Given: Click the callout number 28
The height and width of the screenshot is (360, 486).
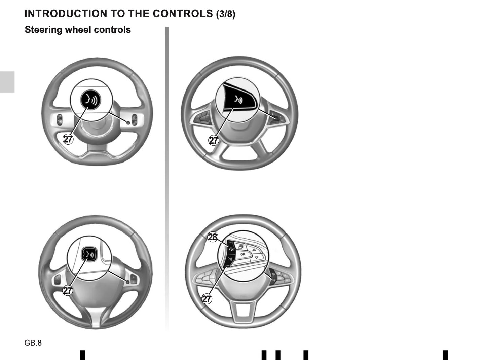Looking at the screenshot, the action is point(212,237).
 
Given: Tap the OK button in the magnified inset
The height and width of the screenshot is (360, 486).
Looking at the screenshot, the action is point(242,254).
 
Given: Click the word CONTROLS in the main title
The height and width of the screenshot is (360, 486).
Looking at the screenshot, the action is point(183,14).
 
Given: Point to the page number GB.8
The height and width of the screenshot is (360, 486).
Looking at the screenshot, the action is point(33,343).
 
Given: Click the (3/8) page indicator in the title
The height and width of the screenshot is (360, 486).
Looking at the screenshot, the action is point(226,14).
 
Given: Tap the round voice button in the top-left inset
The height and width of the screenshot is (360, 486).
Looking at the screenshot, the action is point(91,100).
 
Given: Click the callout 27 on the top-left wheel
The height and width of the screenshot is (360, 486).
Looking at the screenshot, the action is point(68,139).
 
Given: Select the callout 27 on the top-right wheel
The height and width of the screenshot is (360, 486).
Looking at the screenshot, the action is point(214,140).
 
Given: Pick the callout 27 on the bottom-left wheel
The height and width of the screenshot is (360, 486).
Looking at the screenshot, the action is point(68,290).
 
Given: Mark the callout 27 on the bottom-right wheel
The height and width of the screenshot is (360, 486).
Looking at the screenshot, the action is point(207,299).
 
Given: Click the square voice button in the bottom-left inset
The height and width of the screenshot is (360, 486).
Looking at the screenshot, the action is point(89,254).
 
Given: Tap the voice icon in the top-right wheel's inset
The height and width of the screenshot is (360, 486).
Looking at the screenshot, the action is point(238,100).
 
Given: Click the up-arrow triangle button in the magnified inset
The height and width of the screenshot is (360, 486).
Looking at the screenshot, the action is point(254,250).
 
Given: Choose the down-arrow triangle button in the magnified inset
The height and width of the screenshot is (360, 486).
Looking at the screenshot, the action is point(257,258).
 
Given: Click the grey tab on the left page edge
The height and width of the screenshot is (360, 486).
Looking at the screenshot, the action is point(7,82).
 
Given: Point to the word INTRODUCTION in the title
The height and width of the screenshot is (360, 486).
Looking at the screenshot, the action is point(66,14).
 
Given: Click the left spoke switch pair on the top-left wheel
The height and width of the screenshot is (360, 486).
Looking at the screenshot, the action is point(60,120).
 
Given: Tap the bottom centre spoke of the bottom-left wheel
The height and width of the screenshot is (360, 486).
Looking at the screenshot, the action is point(96,318).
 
